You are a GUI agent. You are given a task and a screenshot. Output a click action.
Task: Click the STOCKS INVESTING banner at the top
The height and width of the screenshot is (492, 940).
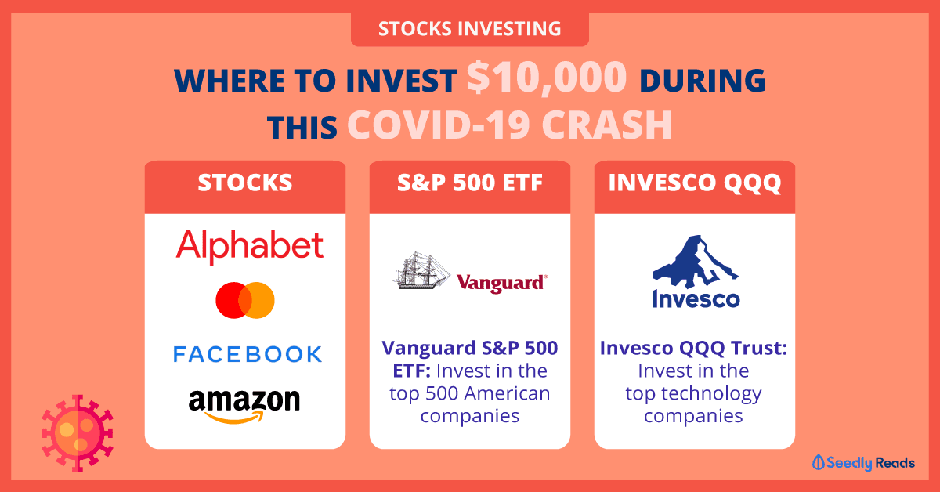click(469, 29)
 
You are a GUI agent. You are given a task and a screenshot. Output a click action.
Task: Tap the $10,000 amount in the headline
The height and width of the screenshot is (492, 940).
click(547, 78)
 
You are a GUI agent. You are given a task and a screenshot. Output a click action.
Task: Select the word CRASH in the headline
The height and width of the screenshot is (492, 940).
click(607, 125)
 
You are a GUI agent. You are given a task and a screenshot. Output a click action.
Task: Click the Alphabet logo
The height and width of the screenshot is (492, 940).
click(250, 247)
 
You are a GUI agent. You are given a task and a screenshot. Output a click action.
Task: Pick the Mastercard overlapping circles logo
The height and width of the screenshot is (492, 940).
click(245, 300)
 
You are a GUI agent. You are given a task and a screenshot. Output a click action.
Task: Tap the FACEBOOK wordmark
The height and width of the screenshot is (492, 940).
click(248, 354)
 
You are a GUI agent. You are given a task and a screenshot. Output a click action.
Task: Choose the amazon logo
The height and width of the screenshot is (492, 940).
click(244, 406)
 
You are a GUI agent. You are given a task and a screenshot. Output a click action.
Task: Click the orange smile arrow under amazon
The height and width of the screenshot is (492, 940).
click(234, 417)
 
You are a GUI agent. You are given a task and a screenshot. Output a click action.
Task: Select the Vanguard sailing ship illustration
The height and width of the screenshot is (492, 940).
click(421, 270)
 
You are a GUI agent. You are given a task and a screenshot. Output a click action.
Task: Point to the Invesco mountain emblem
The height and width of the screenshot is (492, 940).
click(696, 262)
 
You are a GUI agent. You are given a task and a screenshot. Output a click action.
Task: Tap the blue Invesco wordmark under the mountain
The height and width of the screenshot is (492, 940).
click(696, 299)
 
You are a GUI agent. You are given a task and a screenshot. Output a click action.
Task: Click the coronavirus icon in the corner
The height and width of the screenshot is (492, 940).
click(78, 433)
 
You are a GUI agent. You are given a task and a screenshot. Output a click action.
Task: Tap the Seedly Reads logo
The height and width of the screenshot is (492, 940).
click(863, 462)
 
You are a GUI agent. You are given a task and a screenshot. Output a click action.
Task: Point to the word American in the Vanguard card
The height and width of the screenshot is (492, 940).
click(508, 393)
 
